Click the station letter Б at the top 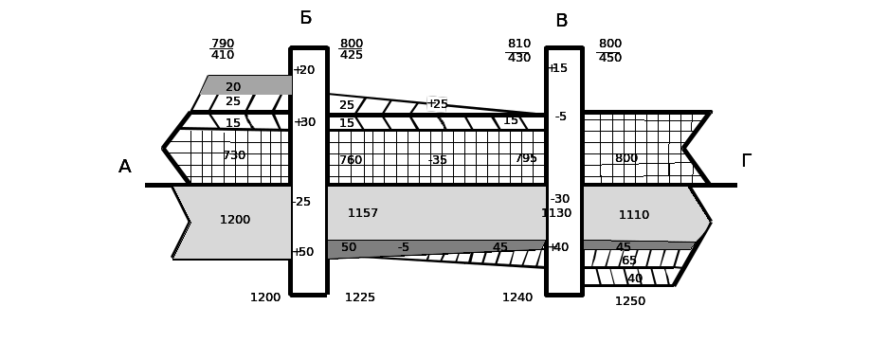(x=306, y=18)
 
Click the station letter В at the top (x=561, y=21)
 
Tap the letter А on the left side (x=125, y=167)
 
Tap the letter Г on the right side (x=747, y=161)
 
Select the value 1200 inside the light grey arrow (x=235, y=220)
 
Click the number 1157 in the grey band (x=363, y=213)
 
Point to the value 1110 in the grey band (x=634, y=215)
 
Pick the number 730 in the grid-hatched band (x=234, y=155)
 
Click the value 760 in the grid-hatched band (x=351, y=160)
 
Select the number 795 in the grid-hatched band (x=526, y=158)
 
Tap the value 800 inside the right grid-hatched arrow (x=626, y=158)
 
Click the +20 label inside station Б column (x=304, y=70)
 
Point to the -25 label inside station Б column (x=301, y=202)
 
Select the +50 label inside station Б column (x=303, y=252)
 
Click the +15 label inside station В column (x=557, y=67)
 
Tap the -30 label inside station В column (x=560, y=199)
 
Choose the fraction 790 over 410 (x=223, y=49)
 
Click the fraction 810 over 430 (x=518, y=50)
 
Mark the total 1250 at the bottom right (x=629, y=301)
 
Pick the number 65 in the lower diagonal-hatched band (x=629, y=261)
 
